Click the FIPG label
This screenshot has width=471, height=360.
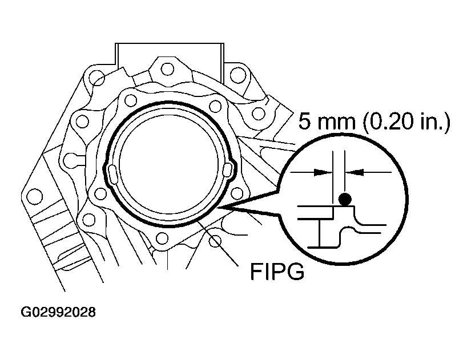[277, 272]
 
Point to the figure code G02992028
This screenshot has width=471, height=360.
[59, 313]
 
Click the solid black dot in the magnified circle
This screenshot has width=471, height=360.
[344, 199]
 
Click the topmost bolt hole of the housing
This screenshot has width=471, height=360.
[167, 69]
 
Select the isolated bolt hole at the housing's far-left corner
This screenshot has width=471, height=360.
[35, 196]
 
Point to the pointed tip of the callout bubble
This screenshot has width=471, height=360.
[224, 208]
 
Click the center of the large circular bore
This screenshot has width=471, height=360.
[170, 168]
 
